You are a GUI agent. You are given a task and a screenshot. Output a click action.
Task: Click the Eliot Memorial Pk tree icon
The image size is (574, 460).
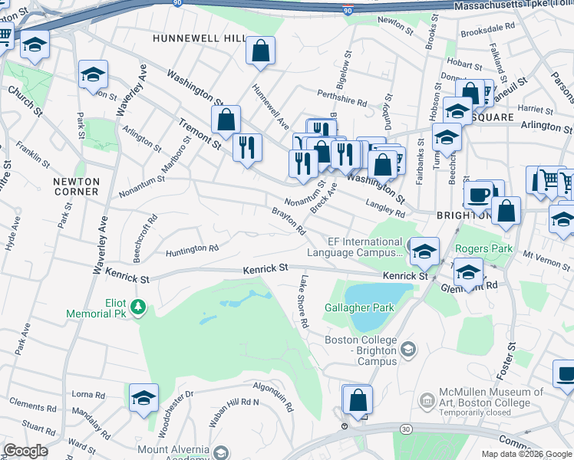[x=138, y=307]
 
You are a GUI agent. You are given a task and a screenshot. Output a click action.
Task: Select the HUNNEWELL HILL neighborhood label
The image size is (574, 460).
[x=199, y=38]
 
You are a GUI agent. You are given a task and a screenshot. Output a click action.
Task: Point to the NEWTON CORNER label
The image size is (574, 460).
[x=76, y=186]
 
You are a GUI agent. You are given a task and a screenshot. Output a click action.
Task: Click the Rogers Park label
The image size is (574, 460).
[x=483, y=248]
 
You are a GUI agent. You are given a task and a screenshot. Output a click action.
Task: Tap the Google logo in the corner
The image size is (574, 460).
[x=26, y=451]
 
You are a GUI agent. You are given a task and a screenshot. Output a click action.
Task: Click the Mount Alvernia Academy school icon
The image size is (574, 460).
[x=221, y=453]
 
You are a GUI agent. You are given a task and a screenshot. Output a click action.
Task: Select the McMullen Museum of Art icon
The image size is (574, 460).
[x=427, y=400]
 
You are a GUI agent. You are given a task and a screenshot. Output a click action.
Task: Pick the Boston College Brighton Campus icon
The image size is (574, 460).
[x=409, y=350]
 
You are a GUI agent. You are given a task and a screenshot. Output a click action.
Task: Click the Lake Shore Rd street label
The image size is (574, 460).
[x=304, y=302]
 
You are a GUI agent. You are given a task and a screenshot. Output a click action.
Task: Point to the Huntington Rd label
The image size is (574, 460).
[x=193, y=249]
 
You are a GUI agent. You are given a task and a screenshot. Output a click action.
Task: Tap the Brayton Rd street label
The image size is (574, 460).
[x=289, y=221]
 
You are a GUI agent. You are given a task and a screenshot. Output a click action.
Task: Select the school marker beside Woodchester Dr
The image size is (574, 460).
[x=143, y=397]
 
